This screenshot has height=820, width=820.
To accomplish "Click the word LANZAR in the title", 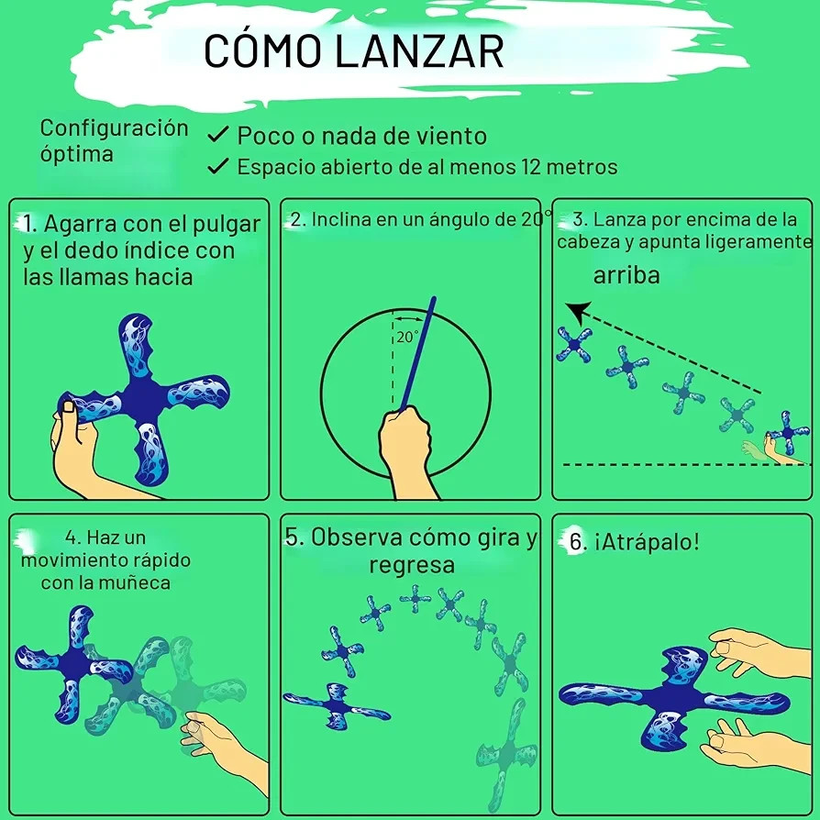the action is click(x=419, y=50).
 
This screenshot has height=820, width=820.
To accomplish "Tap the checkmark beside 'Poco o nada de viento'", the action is click(x=217, y=135).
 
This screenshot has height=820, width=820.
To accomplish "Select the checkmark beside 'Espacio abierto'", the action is click(x=217, y=166).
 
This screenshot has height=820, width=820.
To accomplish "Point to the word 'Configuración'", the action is click(x=114, y=128).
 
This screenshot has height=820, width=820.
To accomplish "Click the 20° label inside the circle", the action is click(x=407, y=338).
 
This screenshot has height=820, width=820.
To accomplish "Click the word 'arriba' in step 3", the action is click(x=626, y=275).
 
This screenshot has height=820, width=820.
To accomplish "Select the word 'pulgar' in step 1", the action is click(x=227, y=226).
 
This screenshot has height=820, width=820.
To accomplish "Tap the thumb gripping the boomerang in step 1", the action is click(x=66, y=413).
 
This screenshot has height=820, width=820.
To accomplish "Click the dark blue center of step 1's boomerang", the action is click(x=143, y=400).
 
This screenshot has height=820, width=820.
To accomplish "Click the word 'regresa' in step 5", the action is click(x=412, y=565).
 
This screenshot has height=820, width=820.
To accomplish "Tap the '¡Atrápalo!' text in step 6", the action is click(x=647, y=542).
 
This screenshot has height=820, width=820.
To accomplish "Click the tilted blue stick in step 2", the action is click(x=417, y=354).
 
